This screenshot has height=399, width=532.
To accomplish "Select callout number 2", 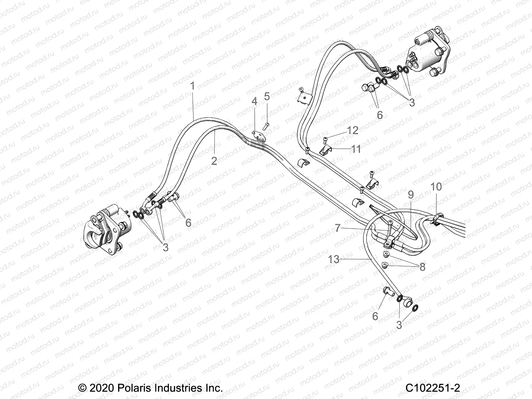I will click(x=214, y=161).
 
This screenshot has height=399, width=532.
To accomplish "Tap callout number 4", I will click(x=254, y=101).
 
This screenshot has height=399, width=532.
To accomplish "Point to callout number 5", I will click(x=267, y=96).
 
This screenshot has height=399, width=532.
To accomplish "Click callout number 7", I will click(x=338, y=228).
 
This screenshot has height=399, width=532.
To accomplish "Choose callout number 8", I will click(x=422, y=267).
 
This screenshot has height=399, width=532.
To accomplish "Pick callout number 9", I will click(x=411, y=195).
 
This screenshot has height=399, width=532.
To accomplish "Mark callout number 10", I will click(x=436, y=187).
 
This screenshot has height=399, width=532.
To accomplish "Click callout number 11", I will click(x=356, y=149).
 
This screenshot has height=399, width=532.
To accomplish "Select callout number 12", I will click(x=352, y=130).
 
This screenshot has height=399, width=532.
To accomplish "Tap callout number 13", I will click(x=334, y=259).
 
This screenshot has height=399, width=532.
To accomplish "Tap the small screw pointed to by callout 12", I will click(x=325, y=139).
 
